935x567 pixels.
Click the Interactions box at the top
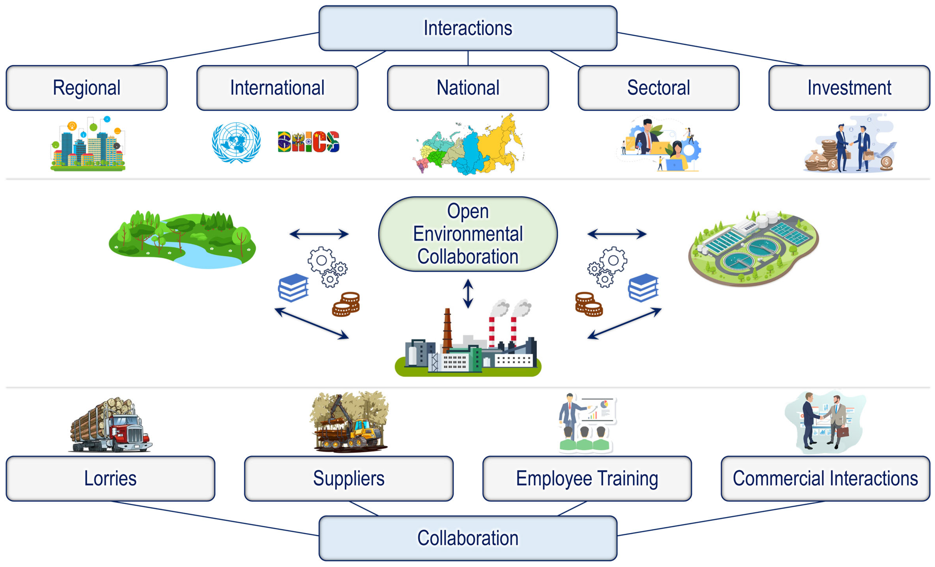tap(468, 28)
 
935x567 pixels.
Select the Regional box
tap(87, 88)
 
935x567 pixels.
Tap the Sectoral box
tap(658, 88)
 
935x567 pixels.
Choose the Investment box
tap(849, 88)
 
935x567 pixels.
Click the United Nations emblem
tap(236, 142)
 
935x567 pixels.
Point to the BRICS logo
tap(308, 142)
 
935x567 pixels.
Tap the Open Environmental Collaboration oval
tap(468, 234)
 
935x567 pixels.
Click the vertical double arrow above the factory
tap(468, 293)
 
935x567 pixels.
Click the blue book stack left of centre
tap(293, 288)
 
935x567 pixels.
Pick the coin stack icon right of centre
tap(588, 304)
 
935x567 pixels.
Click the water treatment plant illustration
tap(753, 248)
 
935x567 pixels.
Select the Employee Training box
tap(587, 479)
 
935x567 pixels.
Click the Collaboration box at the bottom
tap(468, 538)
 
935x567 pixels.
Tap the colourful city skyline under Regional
tap(88, 146)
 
